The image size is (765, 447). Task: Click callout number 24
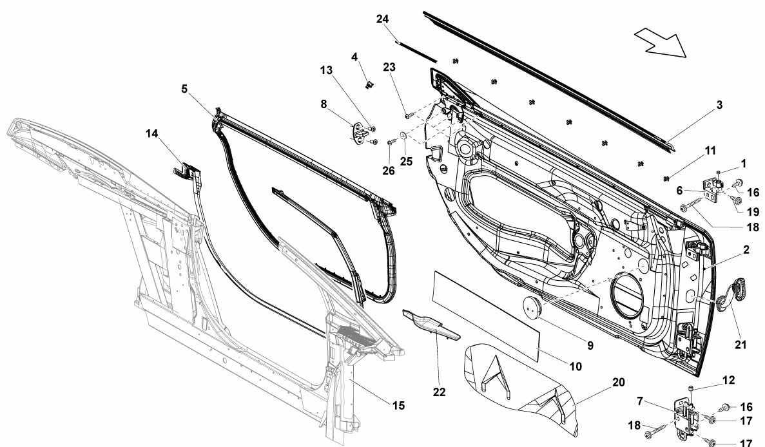[383, 19]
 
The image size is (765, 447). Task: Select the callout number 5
[184, 89]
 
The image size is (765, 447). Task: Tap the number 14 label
[151, 133]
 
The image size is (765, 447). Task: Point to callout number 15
[398, 405]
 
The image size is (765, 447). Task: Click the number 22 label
[439, 392]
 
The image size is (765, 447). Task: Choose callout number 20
[618, 382]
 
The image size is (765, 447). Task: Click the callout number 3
[719, 105]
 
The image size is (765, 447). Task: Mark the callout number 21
[741, 345]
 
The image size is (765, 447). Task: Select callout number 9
[590, 346]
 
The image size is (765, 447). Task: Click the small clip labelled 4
[370, 84]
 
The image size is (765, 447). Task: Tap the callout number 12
[728, 380]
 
